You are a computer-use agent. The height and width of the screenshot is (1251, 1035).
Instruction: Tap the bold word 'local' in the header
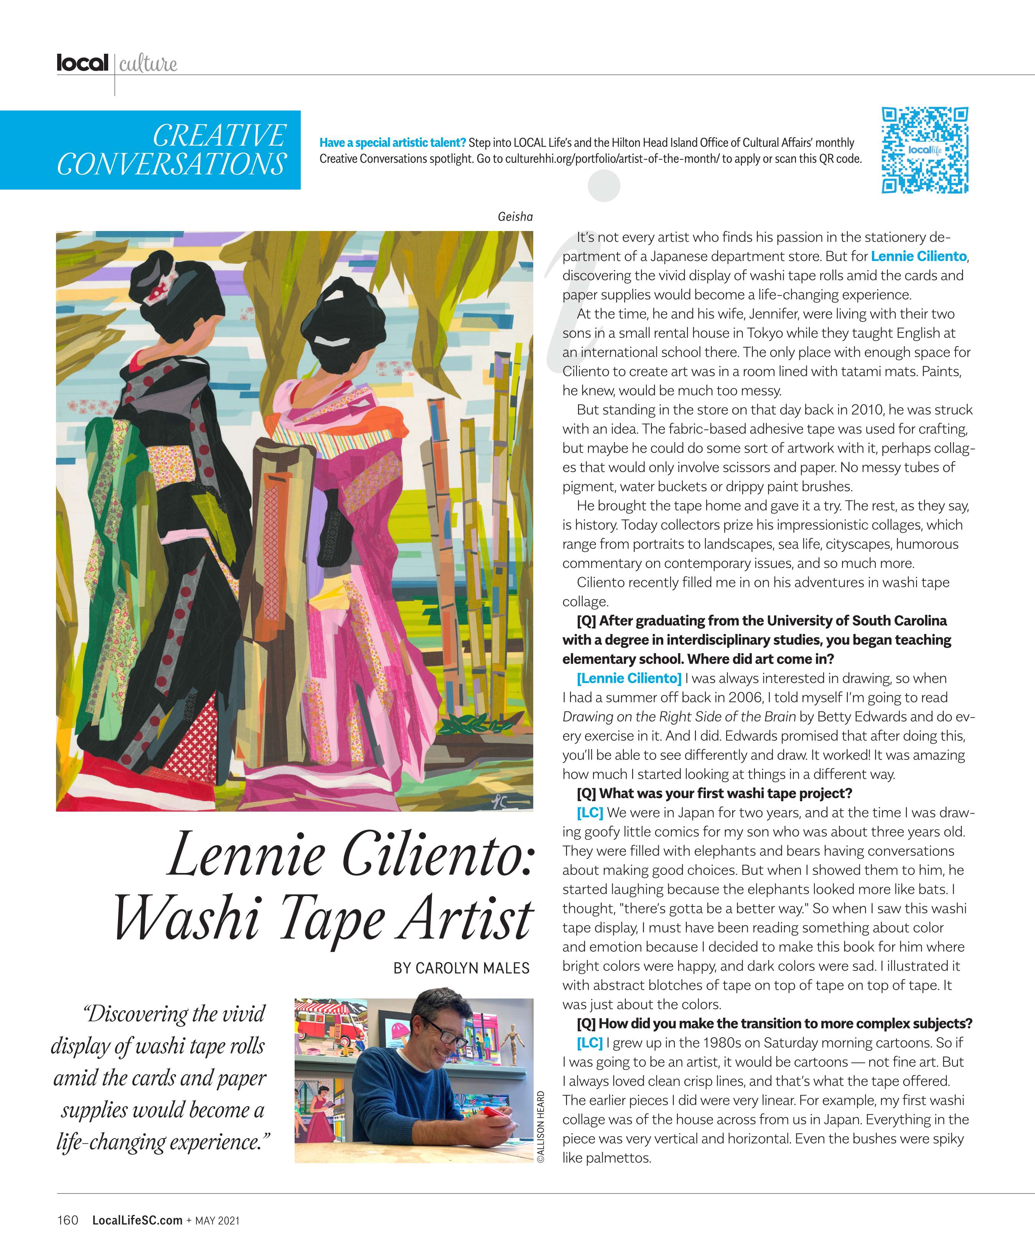(82, 63)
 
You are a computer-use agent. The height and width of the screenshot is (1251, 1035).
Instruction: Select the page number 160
(67, 1220)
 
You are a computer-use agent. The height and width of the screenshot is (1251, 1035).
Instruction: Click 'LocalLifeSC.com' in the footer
(137, 1220)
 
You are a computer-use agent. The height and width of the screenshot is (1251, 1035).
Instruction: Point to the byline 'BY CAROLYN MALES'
(461, 968)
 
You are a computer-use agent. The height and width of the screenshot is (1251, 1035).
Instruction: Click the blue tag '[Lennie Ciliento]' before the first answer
(629, 678)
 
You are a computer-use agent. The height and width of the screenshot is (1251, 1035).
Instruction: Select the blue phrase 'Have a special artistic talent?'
(392, 143)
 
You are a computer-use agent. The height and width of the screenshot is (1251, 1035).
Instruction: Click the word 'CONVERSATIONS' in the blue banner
(171, 164)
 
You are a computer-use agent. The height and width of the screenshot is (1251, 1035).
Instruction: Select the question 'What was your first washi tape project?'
(715, 794)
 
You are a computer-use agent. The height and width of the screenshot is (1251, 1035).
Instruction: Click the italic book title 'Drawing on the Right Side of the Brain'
(679, 717)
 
